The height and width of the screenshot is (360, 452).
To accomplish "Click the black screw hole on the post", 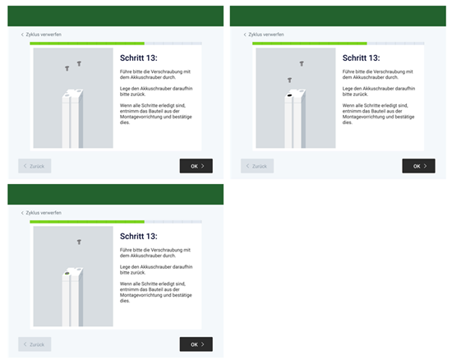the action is [290, 95].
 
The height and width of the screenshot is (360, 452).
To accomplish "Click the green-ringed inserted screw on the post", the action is [67, 273].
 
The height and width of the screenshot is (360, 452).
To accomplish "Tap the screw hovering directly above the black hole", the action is [290, 80].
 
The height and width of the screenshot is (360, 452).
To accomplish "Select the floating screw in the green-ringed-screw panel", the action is [79, 242].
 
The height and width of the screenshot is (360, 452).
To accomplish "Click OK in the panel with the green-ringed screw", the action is [196, 344].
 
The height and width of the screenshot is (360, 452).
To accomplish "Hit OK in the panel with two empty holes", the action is [196, 166].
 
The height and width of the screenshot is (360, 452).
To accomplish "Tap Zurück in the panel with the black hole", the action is [257, 166].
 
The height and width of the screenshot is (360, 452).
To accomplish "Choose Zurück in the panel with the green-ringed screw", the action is [35, 344].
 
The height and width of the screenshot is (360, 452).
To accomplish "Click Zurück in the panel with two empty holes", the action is [35, 166].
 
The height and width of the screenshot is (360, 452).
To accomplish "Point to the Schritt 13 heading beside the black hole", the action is [362, 58].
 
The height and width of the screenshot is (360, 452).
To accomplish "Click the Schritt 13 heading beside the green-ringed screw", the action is [139, 237].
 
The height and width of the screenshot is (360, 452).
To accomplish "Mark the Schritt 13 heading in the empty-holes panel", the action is [139, 58].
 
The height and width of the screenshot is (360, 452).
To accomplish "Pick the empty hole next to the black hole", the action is [302, 90].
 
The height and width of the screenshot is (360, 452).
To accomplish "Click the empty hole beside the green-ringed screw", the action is [79, 270].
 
